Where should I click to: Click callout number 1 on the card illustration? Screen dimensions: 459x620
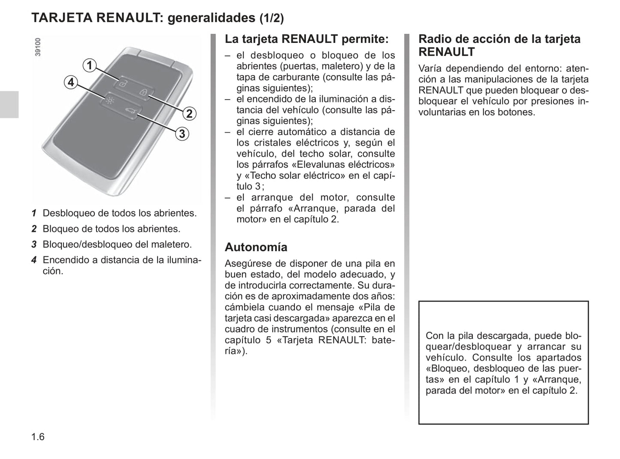pos(89,66)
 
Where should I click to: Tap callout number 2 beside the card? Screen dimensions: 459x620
pos(189,114)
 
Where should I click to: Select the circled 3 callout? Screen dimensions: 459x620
pos(182,134)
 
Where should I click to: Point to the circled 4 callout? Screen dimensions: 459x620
pos(71,82)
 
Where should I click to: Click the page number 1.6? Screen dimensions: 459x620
pos(38,437)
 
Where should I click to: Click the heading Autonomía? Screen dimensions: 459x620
pos(256,247)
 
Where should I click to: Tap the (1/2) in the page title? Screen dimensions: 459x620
pos(272,18)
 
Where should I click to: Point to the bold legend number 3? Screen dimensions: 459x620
pos(34,245)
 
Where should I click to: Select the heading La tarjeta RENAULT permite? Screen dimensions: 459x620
pos(306,39)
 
